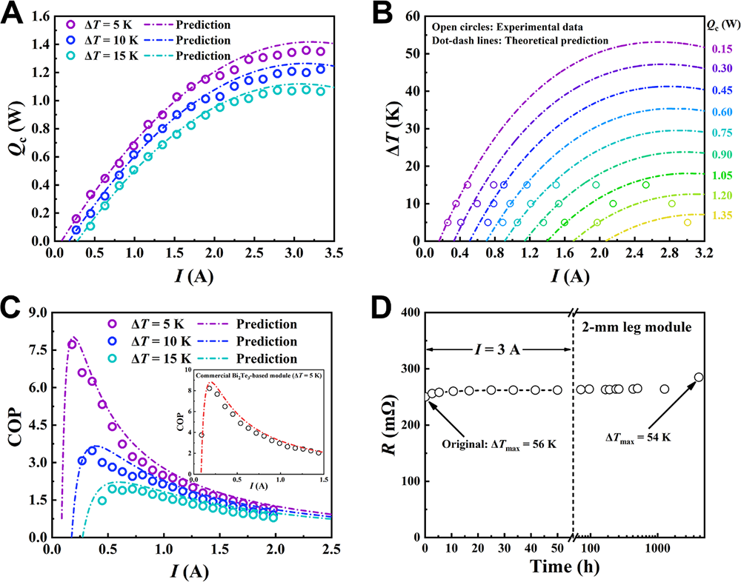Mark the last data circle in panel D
pyautogui.click(x=698, y=378)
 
